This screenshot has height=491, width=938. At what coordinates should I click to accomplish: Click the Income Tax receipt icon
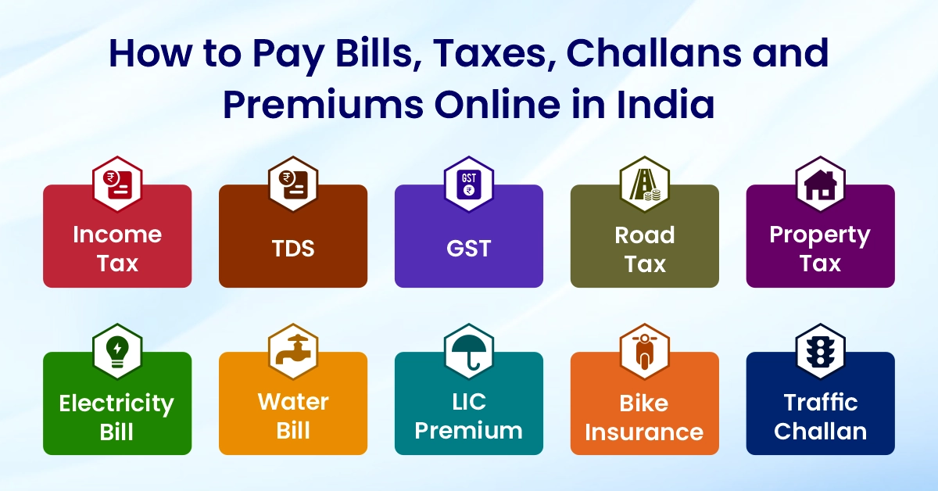[x=117, y=185]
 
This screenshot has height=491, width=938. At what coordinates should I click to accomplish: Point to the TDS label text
[x=293, y=249]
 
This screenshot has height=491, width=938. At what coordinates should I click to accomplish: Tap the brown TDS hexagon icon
[x=293, y=185]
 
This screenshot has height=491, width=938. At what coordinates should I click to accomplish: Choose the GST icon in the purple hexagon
[x=469, y=185]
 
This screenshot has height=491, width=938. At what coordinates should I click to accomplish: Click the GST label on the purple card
[x=469, y=249]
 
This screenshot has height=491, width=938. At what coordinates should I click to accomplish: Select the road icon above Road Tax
[x=645, y=185]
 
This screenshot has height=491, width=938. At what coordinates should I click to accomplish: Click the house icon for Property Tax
[x=821, y=185]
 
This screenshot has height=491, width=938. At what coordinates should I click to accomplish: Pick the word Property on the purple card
[x=820, y=235]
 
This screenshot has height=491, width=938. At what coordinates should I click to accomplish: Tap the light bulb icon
[x=117, y=352]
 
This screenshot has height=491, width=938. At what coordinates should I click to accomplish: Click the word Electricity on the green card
[x=116, y=403]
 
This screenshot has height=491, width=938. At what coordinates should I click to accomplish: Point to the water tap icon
[x=293, y=350]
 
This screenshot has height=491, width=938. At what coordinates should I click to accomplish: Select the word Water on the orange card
[x=293, y=402]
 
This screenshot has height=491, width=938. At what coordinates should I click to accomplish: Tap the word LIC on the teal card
[x=469, y=402]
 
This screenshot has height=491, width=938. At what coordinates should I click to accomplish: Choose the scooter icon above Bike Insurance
[x=645, y=351]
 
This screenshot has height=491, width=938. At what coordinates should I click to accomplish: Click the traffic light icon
[x=821, y=352]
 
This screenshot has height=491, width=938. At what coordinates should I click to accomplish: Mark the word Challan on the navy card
[x=821, y=432]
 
